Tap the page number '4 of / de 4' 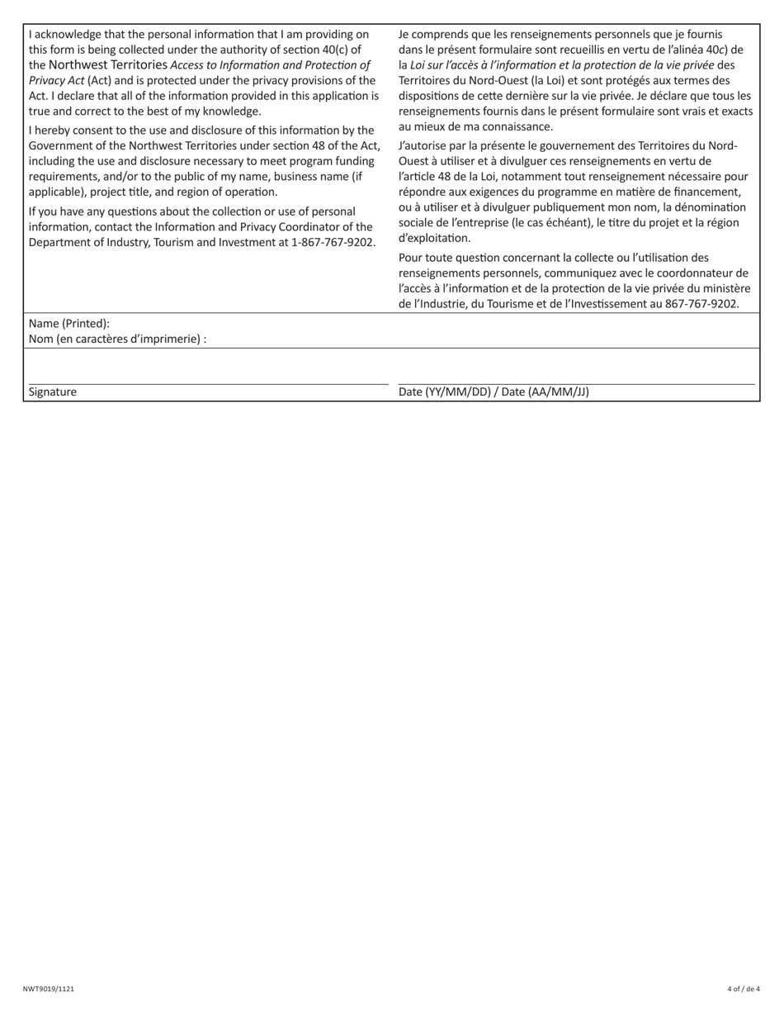click(744, 988)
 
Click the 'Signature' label click(53, 392)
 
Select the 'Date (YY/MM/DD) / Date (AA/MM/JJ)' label click(494, 392)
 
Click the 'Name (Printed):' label click(69, 324)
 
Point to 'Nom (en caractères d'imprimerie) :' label click(117, 339)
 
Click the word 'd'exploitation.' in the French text click(434, 239)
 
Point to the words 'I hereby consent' click(71, 131)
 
